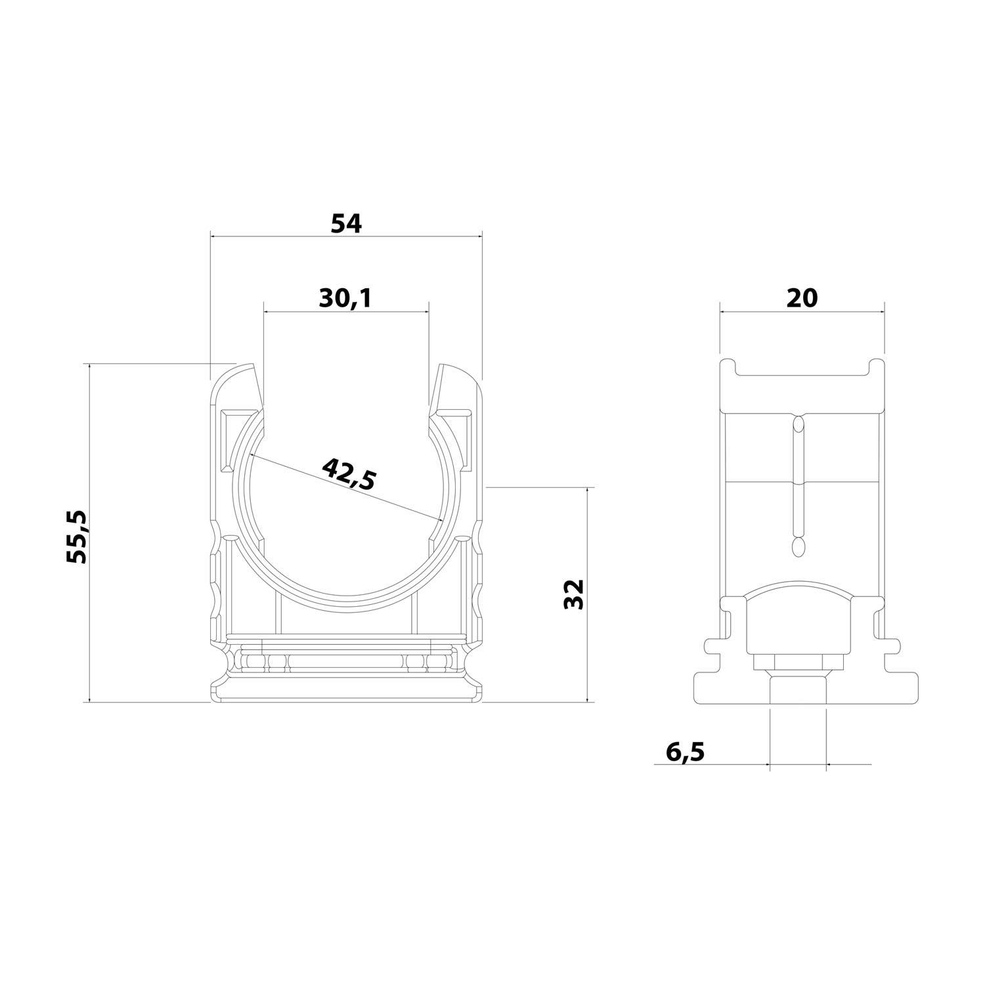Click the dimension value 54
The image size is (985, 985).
[345, 224]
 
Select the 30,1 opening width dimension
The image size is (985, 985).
[345, 299]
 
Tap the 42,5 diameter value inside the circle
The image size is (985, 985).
[349, 473]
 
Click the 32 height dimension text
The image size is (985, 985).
[573, 594]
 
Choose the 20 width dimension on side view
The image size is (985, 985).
[802, 298]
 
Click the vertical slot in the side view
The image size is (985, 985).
[799, 486]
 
